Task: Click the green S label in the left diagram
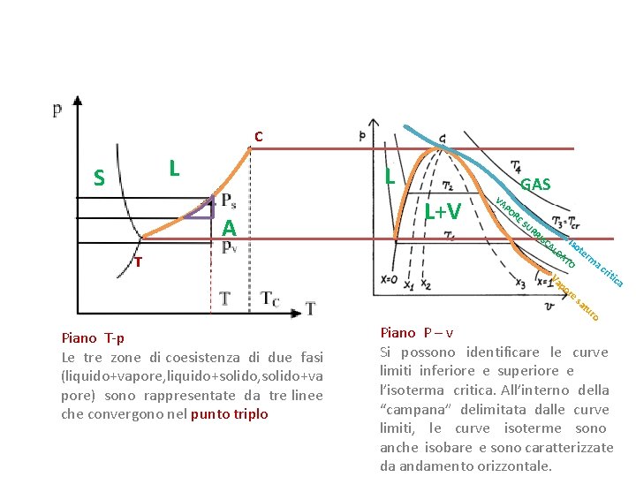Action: coord(100,178)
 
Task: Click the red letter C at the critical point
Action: coord(258,137)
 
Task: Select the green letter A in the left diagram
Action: coord(229,228)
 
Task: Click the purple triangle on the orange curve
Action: coord(202,208)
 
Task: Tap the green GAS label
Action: coord(535,184)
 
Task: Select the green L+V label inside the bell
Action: coord(442,211)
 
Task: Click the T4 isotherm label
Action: coord(514,167)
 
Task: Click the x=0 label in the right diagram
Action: coord(388,279)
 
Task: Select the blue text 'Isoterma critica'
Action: coord(596,262)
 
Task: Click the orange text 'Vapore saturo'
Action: coord(575,299)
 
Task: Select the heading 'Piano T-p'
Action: coord(93,337)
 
